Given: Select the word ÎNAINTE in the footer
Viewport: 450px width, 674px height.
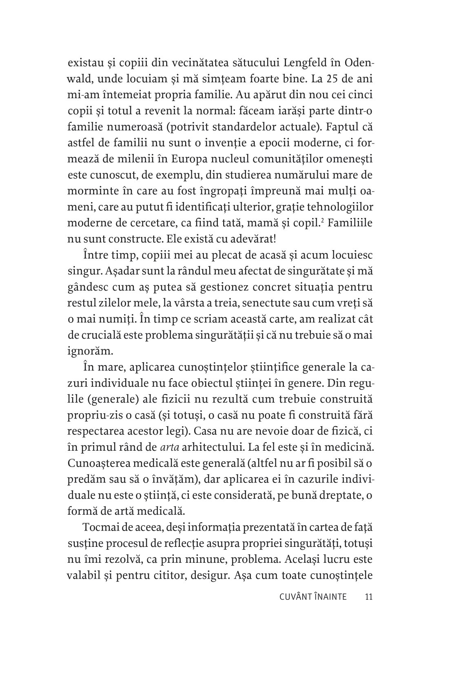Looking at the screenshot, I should (x=330, y=597).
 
